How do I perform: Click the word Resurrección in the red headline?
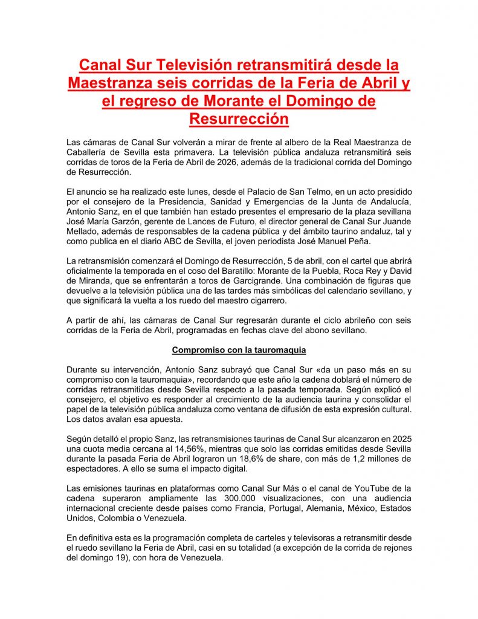(239, 118)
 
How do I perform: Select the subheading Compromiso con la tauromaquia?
(239, 349)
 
